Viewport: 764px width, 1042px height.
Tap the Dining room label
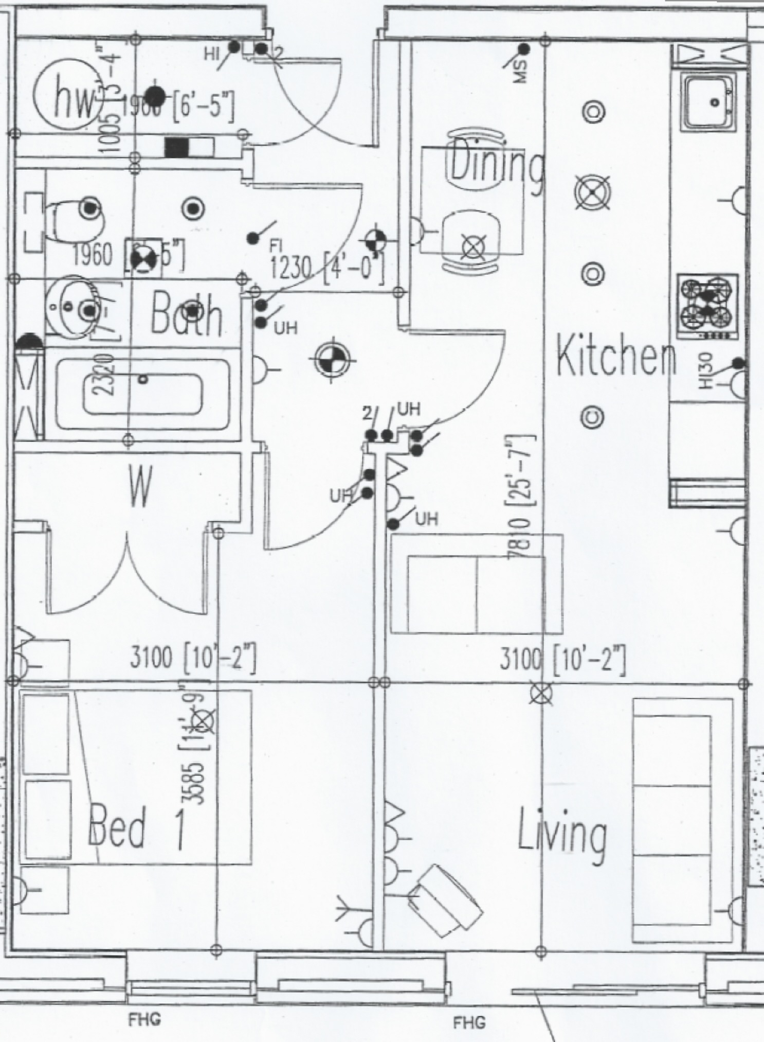tap(496, 164)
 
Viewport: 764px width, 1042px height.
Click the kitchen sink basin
tap(710, 102)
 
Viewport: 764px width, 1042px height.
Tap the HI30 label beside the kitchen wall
tap(705, 370)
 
